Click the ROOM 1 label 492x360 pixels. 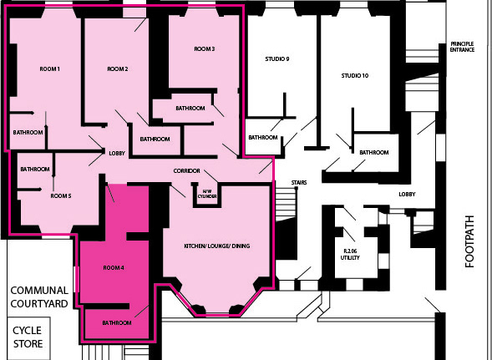pyautogui.click(x=49, y=69)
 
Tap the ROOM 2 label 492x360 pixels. pyautogui.click(x=118, y=69)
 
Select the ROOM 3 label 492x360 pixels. pyautogui.click(x=205, y=49)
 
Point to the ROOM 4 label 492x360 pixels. pyautogui.click(x=114, y=268)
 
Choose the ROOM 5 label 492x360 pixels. pyautogui.click(x=61, y=195)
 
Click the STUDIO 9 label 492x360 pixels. pyautogui.click(x=277, y=59)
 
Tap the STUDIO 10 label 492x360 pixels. pyautogui.click(x=355, y=76)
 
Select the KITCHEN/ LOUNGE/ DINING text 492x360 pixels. pyautogui.click(x=217, y=246)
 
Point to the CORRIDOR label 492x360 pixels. pyautogui.click(x=187, y=170)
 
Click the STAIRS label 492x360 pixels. pyautogui.click(x=299, y=183)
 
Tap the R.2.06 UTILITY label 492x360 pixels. pyautogui.click(x=350, y=255)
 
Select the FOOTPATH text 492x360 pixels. pyautogui.click(x=469, y=241)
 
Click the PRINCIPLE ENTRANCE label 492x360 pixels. pyautogui.click(x=462, y=47)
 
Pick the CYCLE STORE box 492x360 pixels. pyautogui.click(x=28, y=338)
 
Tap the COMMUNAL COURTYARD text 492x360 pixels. pyautogui.click(x=39, y=297)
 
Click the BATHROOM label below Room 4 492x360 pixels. pyautogui.click(x=117, y=323)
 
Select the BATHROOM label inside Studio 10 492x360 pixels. pyautogui.click(x=374, y=153)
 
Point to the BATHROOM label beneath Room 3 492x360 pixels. pyautogui.click(x=190, y=109)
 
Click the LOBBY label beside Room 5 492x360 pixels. pyautogui.click(x=117, y=154)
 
